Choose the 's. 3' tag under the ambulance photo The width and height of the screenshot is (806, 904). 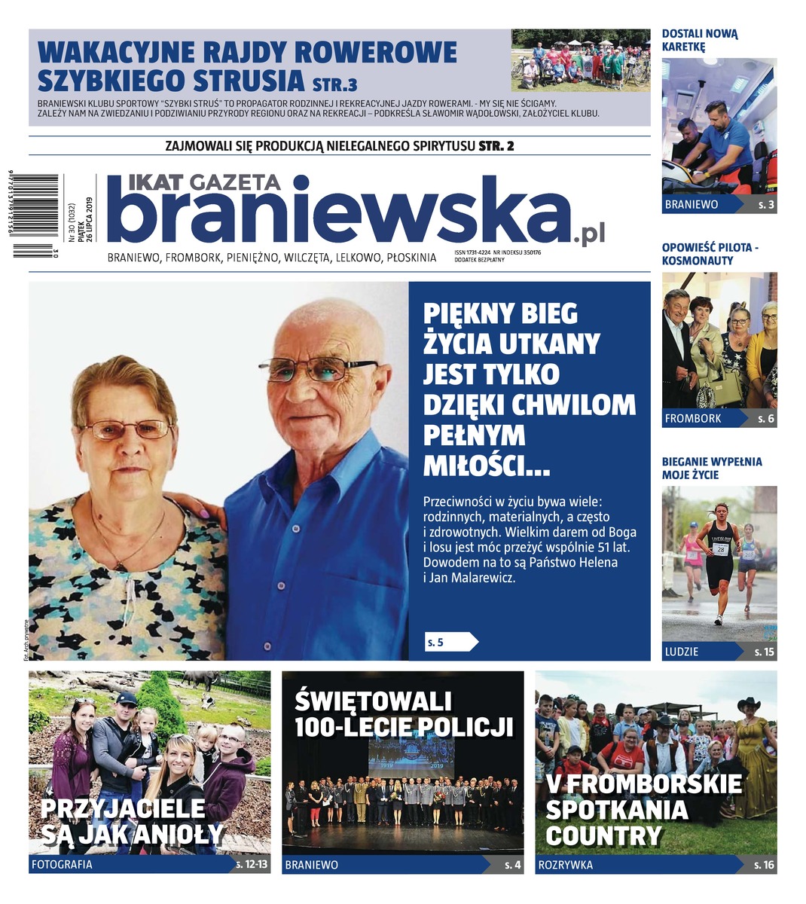tap(766, 204)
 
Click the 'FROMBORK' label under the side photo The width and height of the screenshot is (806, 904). tap(693, 418)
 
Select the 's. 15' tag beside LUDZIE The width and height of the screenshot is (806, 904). tap(765, 652)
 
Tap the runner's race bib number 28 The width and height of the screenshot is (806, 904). tap(721, 549)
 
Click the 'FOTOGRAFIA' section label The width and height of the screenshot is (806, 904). tap(62, 865)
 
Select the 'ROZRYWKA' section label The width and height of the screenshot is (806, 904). tap(565, 865)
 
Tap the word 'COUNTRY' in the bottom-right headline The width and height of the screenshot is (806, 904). tap(603, 836)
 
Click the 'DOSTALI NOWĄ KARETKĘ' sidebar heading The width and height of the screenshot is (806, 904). tap(700, 40)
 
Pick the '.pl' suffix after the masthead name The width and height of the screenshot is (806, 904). tap(588, 237)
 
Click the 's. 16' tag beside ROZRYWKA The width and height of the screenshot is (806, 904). tap(764, 865)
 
